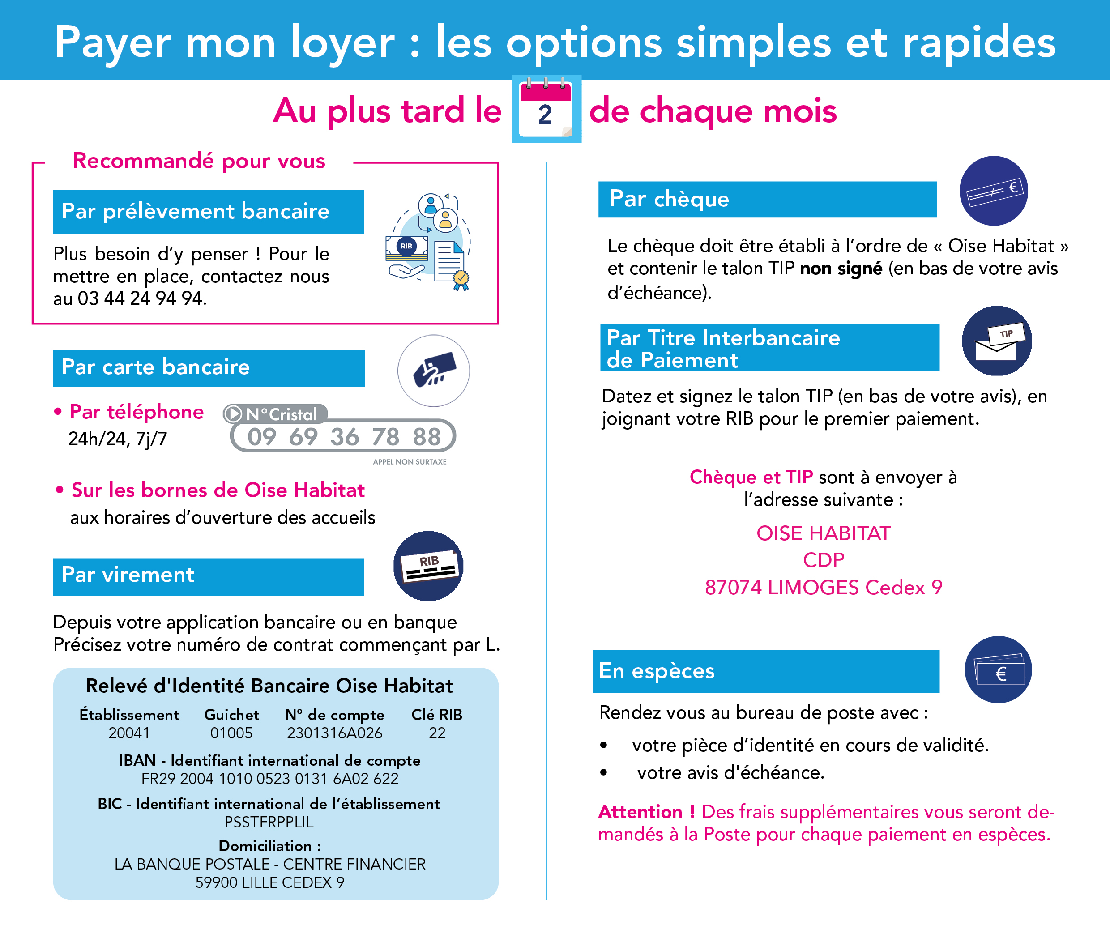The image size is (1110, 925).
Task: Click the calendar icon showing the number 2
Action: coord(546,109)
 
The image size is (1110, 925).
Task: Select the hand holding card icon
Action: coord(433,370)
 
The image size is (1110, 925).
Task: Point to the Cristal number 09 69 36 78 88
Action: coord(344,437)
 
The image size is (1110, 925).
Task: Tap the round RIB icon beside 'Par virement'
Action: coord(428,566)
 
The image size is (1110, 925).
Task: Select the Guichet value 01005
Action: coord(231,733)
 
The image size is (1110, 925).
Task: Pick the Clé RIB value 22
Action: coord(437,733)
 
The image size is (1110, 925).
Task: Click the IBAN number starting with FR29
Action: coord(269,779)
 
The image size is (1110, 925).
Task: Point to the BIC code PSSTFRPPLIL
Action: coord(269,823)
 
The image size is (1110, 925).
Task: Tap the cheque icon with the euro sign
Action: coord(994,191)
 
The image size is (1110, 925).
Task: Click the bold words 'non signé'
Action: coord(841,269)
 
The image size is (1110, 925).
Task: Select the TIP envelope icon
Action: coord(997,341)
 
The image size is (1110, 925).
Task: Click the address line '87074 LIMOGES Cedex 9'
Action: coord(824,587)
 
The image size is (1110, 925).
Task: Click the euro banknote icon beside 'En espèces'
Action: coord(999,670)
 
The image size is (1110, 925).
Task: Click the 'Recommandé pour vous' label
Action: coord(199,161)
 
